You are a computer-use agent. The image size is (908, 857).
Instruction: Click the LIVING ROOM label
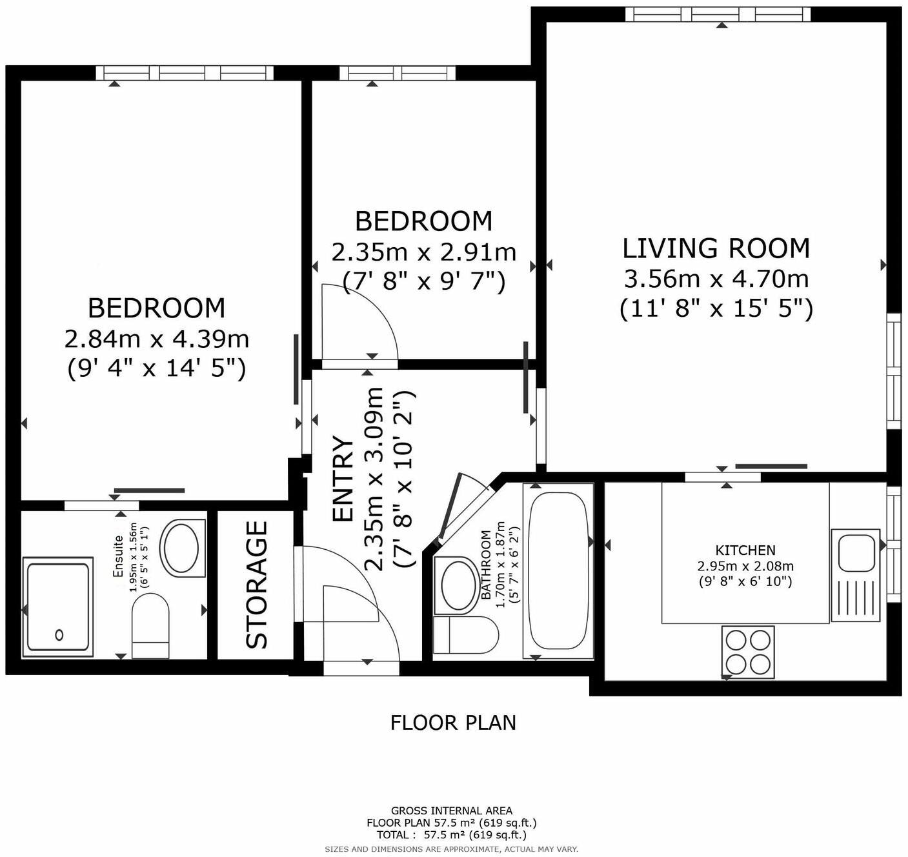coord(716,248)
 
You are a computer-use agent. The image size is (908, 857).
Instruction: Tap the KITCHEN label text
coord(745,550)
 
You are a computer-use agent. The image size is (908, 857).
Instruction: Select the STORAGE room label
coord(257,585)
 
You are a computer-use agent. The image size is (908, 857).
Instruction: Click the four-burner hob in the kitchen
coord(748,651)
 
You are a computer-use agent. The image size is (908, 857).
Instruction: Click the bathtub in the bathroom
coord(559,570)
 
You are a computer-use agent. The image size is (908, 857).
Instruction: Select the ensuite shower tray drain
coord(59,634)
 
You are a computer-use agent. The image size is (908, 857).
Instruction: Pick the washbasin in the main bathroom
coord(459,584)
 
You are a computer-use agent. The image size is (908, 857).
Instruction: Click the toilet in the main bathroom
coord(465,635)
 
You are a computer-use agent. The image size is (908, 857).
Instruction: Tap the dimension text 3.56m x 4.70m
coord(716,279)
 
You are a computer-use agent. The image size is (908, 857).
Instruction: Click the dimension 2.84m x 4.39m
coord(157,338)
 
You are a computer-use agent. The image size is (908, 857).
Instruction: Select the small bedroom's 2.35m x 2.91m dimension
coord(424,252)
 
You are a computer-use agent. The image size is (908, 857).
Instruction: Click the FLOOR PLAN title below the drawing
coord(453,722)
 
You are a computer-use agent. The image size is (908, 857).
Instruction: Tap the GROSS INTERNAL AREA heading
coord(452,811)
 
